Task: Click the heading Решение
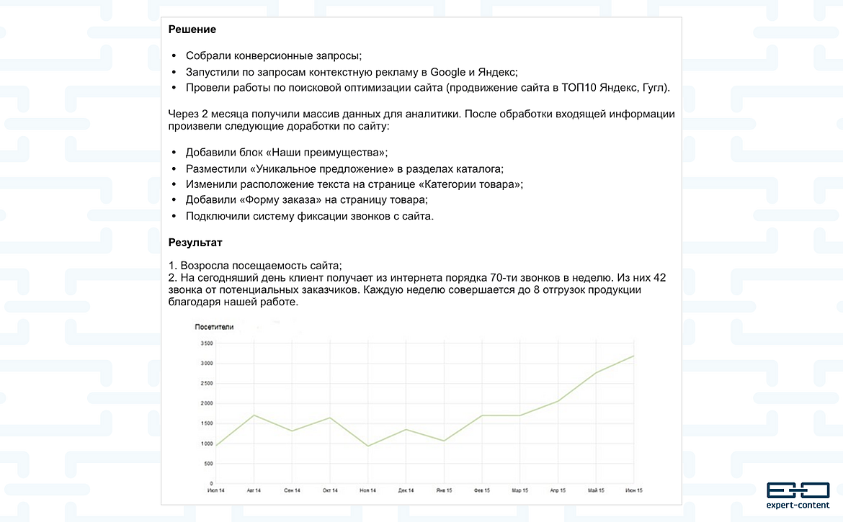192,30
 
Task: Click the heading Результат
195,243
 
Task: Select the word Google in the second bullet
448,72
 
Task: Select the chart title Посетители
214,327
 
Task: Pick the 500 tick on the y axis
208,464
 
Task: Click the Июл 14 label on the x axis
216,490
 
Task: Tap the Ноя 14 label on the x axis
367,490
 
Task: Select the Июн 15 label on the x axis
633,490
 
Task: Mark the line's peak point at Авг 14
254,415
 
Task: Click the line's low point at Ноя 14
367,446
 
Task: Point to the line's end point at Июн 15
633,356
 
